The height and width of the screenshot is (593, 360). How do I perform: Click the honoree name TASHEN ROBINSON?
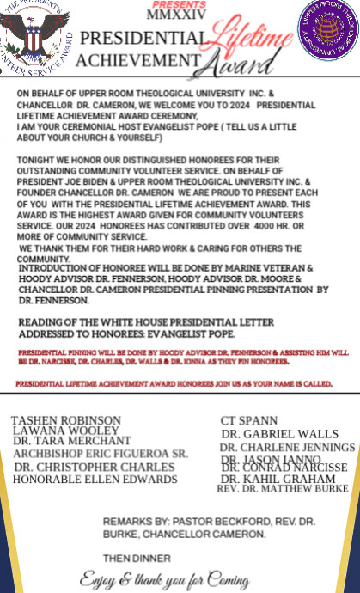[66, 419]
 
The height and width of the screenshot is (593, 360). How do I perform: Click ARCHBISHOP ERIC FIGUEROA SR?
[101, 453]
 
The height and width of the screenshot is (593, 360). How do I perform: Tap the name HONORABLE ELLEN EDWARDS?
[95, 479]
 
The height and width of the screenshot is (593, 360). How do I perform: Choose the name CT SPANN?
[249, 420]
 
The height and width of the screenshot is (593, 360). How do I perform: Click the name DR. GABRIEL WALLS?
[279, 434]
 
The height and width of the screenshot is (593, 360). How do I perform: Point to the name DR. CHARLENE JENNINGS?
[287, 448]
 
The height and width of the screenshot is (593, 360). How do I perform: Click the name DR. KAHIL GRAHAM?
[278, 478]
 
